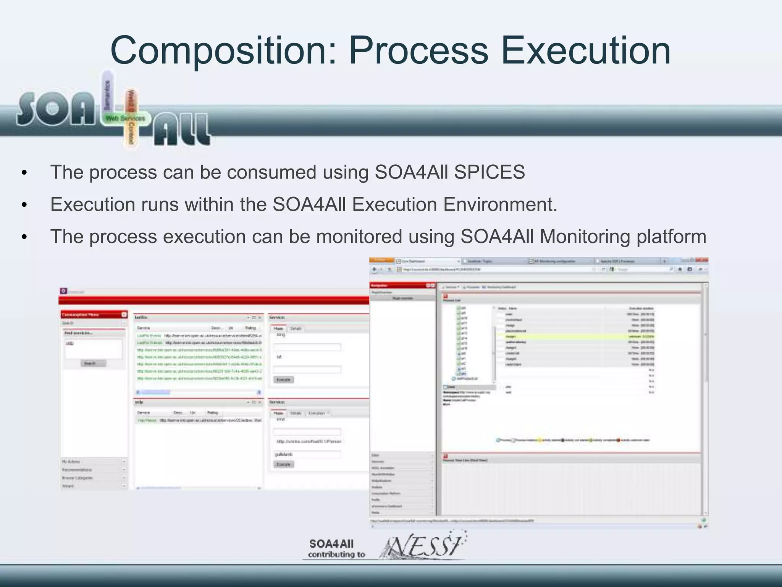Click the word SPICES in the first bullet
[x=490, y=172]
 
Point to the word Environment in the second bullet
[x=500, y=204]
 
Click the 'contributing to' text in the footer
[x=336, y=555]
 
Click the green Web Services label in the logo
[x=125, y=118]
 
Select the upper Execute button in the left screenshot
[x=283, y=379]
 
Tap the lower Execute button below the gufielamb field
[x=283, y=464]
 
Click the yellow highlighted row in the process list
[x=573, y=336]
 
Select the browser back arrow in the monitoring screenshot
[x=375, y=269]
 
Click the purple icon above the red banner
[x=63, y=291]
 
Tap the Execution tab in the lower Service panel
[x=317, y=413]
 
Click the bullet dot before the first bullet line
[x=24, y=173]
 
